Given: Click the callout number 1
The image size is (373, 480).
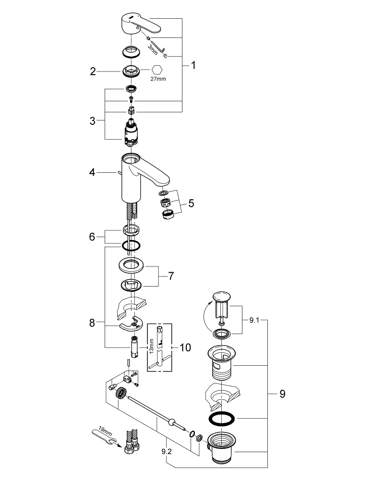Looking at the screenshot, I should click(x=193, y=66).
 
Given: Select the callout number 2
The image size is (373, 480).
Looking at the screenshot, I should click(x=93, y=72).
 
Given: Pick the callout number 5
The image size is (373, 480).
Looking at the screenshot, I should click(x=191, y=204).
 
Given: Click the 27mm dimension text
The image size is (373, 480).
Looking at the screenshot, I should click(x=158, y=79).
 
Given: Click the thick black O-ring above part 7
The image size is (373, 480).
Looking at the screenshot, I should click(x=131, y=246).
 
